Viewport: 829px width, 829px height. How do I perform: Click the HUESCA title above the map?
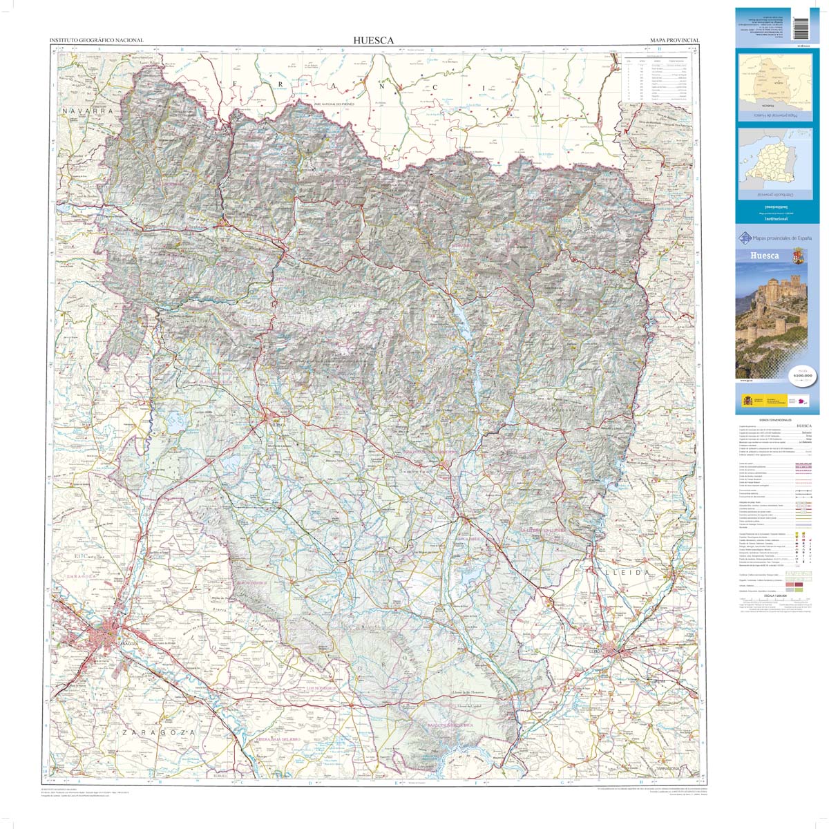[373, 41]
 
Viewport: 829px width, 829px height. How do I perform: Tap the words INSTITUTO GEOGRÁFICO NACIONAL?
[96, 41]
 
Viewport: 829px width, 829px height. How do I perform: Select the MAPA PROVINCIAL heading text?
[674, 41]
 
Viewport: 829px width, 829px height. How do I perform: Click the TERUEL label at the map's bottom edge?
[220, 776]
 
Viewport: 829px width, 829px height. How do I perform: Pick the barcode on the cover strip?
[801, 24]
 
